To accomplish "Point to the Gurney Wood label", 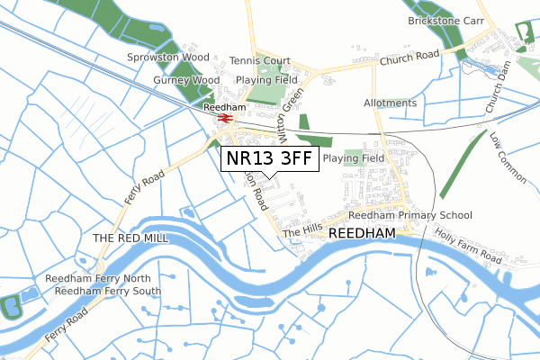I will [x=186, y=80].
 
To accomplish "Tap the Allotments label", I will [x=391, y=103].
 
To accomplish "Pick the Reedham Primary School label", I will [x=410, y=216].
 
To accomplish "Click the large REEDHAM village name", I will [x=363, y=233].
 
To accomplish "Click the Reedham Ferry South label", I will [x=108, y=291].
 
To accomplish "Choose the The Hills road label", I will [x=301, y=232].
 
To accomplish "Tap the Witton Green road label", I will [x=292, y=112].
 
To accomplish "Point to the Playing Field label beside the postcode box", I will [x=354, y=158].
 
